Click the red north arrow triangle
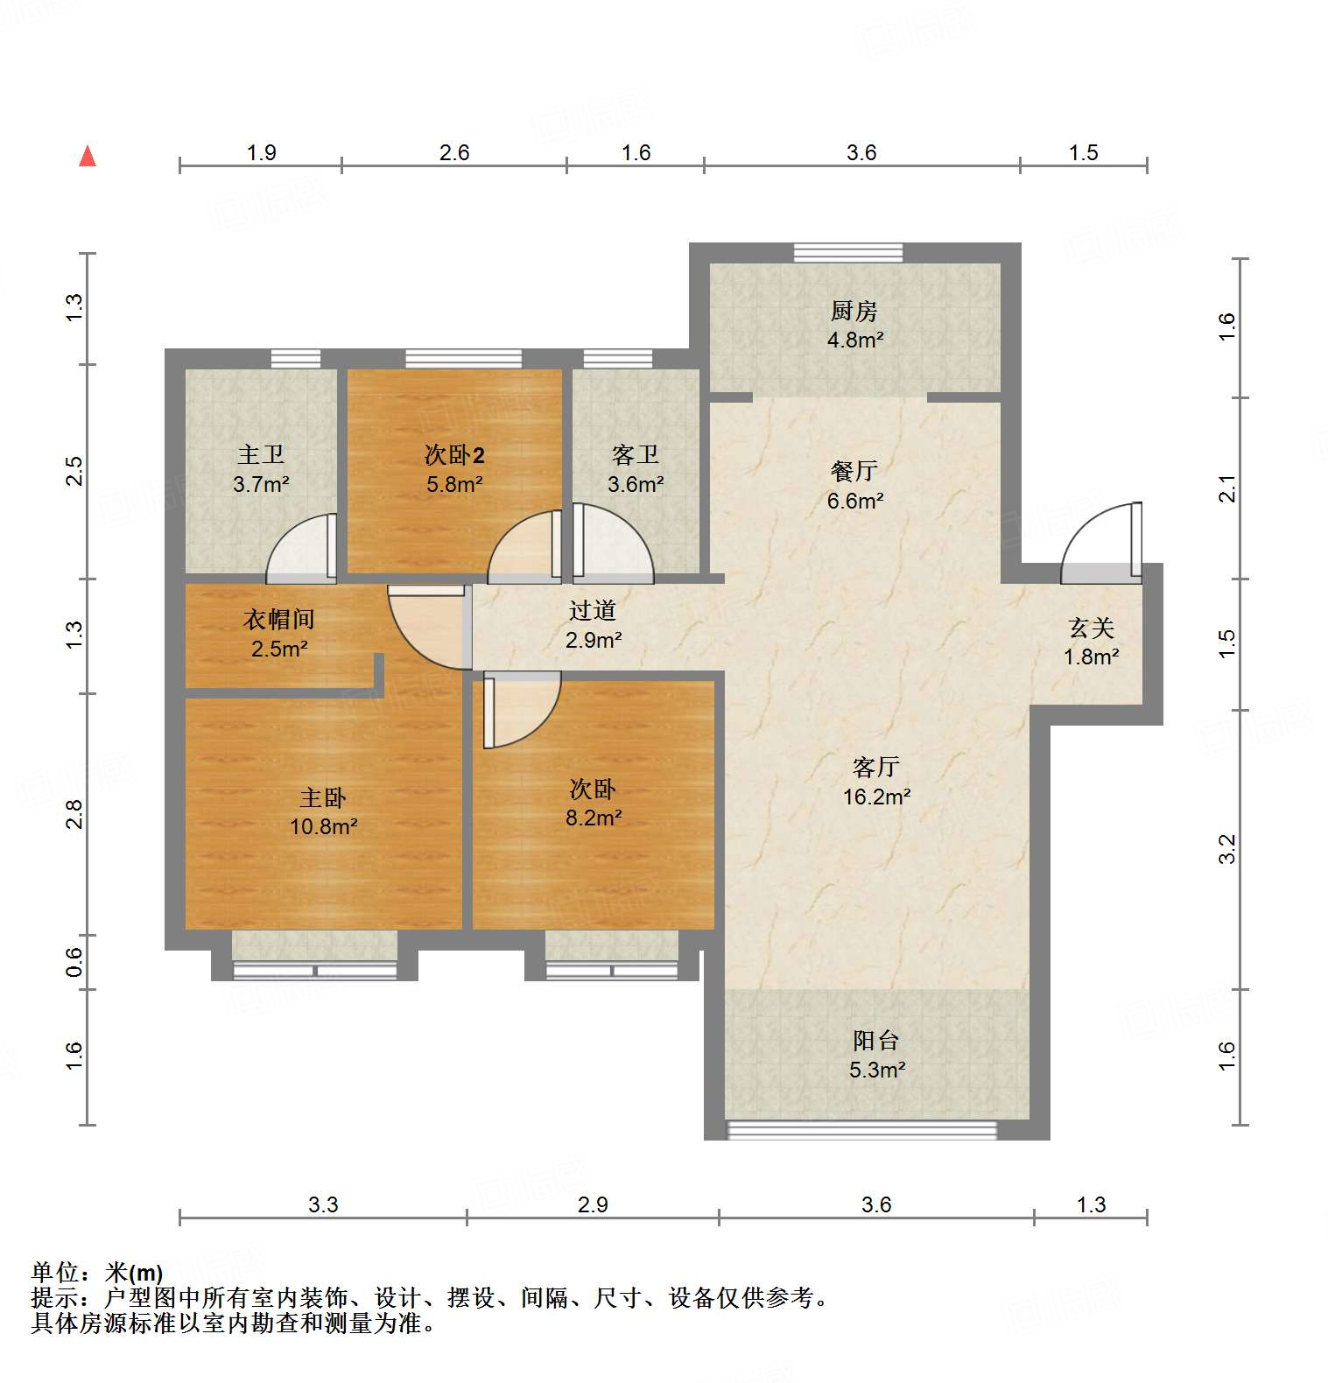[x=88, y=157]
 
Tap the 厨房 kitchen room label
[x=854, y=311]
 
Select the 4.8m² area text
[x=855, y=340]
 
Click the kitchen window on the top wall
[x=847, y=252]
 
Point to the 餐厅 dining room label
[x=854, y=471]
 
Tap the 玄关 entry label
[x=1091, y=628]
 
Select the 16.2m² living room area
[x=876, y=797]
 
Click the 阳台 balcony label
[x=876, y=1040]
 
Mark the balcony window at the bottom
[x=862, y=1130]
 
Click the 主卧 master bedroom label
[x=323, y=797]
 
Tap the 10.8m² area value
[x=323, y=826]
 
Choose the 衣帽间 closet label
[x=278, y=619]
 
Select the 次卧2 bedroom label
[x=454, y=454]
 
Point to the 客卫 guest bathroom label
[x=636, y=454]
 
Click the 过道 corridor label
[x=593, y=610]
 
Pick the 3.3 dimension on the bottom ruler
[x=322, y=1204]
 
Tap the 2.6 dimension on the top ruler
[x=454, y=152]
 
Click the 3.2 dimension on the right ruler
[x=1227, y=848]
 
